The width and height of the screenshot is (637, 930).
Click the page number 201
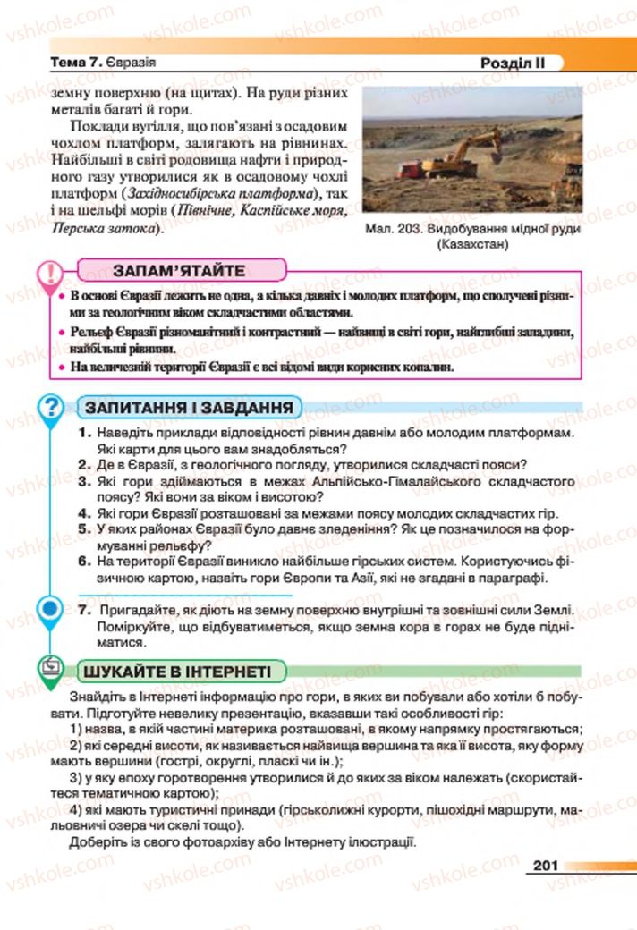pos(545,865)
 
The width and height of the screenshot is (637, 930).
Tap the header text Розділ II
pos(512,63)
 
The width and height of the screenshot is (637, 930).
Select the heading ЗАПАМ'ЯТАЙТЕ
pos(179,271)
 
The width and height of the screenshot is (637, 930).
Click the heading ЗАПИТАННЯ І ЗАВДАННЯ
pos(189,408)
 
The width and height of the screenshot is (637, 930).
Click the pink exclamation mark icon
pos(52,270)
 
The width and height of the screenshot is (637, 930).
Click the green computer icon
pos(52,666)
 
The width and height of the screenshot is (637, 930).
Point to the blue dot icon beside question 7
pos(52,611)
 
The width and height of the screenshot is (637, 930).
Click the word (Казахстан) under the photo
pos(472,244)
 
